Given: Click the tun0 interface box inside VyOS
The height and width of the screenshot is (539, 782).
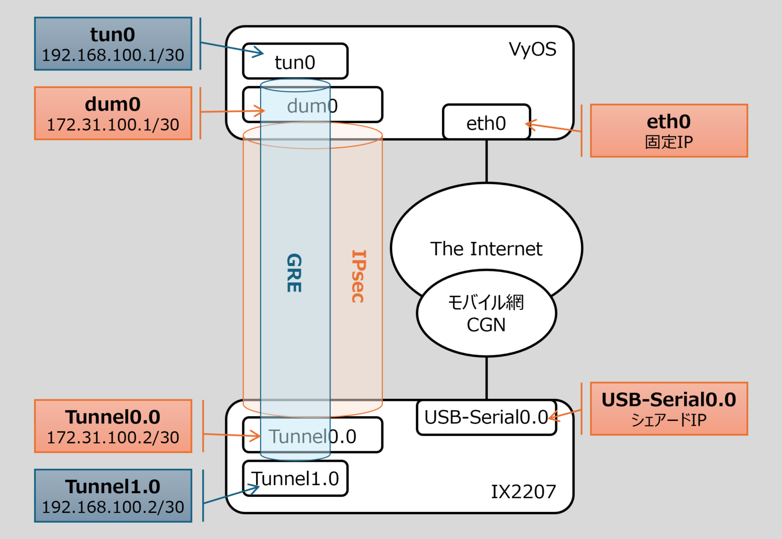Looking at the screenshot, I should (x=295, y=62).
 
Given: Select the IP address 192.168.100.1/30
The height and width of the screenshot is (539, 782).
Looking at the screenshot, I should (x=113, y=55).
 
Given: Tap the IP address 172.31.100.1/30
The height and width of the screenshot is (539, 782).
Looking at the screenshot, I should (x=113, y=125).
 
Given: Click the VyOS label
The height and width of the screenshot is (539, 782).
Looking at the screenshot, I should (x=533, y=49).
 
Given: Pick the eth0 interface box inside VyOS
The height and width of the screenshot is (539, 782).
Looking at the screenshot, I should (x=486, y=123).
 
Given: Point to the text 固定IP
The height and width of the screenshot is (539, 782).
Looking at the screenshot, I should (x=668, y=142).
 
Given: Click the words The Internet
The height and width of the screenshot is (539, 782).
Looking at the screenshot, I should (x=486, y=249).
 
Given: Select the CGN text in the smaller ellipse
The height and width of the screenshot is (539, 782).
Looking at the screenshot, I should (x=486, y=325).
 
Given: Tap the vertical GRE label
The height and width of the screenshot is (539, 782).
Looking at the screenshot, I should (x=294, y=273).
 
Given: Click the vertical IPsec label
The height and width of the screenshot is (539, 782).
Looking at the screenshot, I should (x=358, y=276).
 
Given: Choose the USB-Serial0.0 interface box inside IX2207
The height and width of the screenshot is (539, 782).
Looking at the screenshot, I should (x=486, y=417).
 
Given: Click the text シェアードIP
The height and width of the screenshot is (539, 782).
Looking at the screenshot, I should (x=668, y=420).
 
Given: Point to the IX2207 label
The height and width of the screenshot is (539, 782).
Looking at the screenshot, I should (x=523, y=492).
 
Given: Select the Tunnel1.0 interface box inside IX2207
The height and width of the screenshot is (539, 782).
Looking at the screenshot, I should (x=295, y=479).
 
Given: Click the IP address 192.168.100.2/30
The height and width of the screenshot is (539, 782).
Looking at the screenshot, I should (x=113, y=507).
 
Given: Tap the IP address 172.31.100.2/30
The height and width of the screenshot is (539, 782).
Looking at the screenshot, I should (x=113, y=438).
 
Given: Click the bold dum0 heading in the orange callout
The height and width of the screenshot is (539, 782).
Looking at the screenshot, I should (x=113, y=104).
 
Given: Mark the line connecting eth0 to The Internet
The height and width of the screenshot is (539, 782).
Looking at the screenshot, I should (x=487, y=160).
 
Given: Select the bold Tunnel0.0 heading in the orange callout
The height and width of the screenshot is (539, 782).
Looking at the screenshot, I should (x=113, y=417).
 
